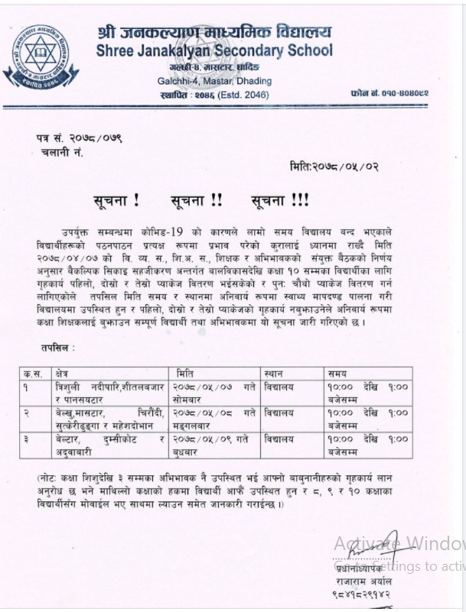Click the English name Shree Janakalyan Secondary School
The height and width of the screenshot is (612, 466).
[215, 51]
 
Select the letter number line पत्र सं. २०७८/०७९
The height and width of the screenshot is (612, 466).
[79, 138]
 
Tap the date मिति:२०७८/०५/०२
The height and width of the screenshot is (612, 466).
[334, 167]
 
